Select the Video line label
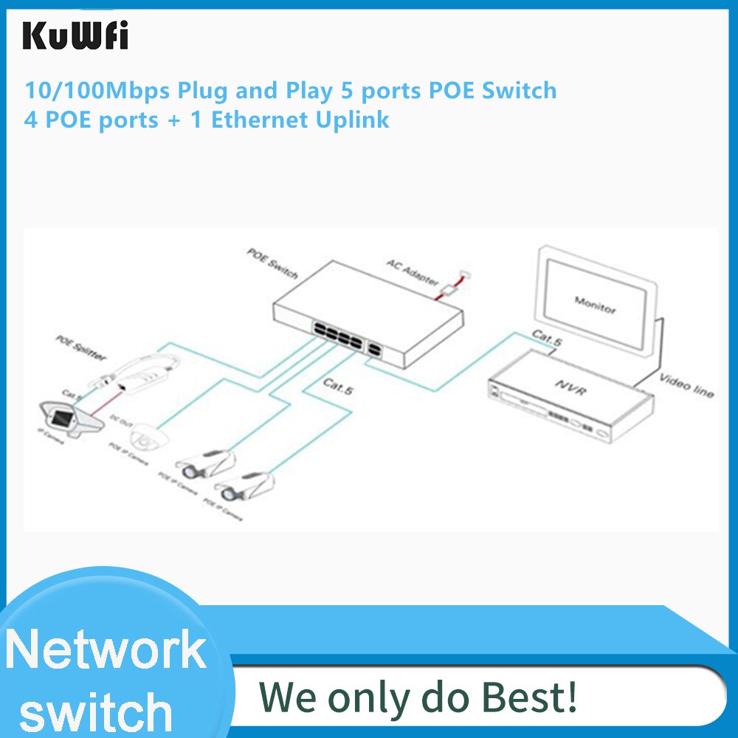(x=686, y=386)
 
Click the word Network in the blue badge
(x=105, y=649)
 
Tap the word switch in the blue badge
(x=96, y=711)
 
